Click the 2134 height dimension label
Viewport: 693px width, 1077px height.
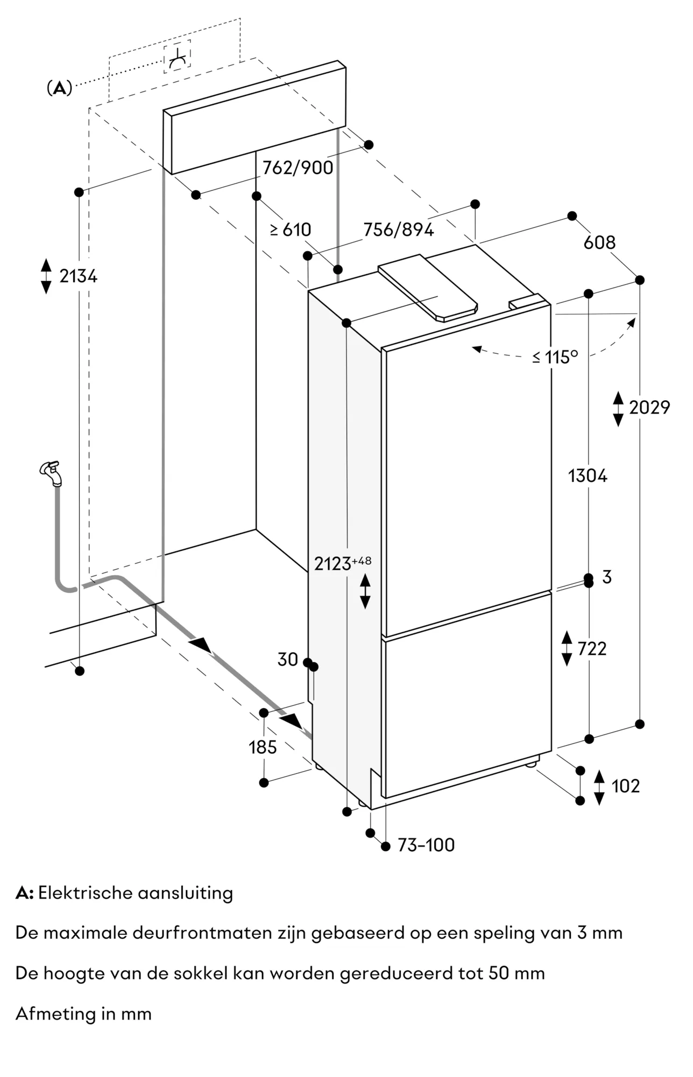(78, 276)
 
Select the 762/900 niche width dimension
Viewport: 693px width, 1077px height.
(298, 167)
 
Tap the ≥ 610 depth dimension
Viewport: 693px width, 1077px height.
(291, 230)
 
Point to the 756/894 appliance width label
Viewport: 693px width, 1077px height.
(398, 230)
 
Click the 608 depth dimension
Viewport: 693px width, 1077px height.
(599, 242)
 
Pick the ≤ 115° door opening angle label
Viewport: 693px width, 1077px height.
(555, 357)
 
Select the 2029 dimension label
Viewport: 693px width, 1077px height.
(649, 408)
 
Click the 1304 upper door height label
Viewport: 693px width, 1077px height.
(588, 476)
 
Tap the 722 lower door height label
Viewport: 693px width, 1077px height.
(592, 649)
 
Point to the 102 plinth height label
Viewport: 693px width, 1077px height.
(625, 786)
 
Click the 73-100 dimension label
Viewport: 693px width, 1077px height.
(426, 845)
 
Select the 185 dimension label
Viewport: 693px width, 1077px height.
(263, 747)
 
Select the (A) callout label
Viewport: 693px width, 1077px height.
(59, 88)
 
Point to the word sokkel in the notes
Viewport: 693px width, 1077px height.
(201, 973)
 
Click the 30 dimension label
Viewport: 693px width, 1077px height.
(288, 659)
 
